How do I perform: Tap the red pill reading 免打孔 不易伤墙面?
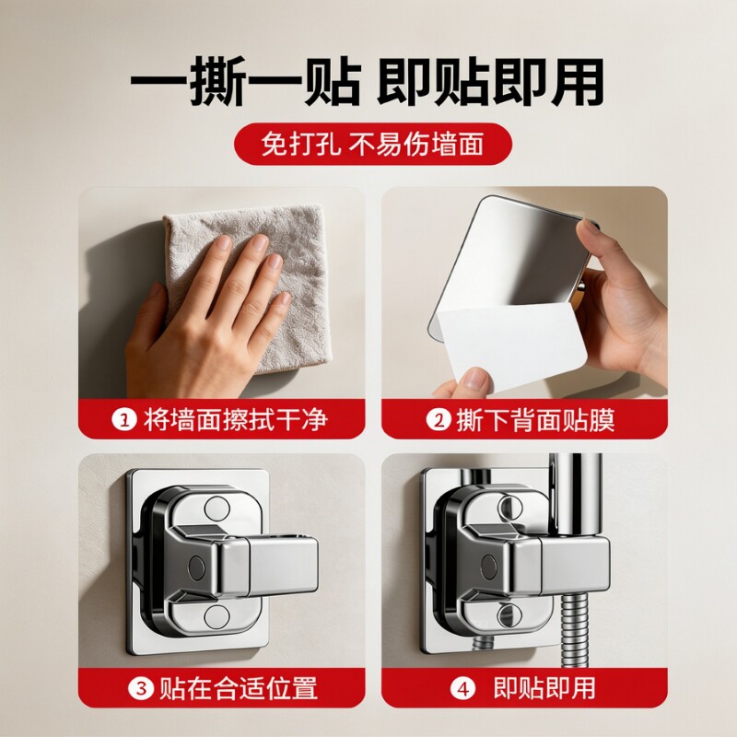point(373,144)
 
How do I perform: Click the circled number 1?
point(124,420)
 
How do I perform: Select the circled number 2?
point(439,420)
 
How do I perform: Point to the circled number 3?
point(141,688)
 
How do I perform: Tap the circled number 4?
point(463,688)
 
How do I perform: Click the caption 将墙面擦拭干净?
point(236,420)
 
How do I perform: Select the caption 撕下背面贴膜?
point(535,420)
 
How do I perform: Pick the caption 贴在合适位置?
point(239,688)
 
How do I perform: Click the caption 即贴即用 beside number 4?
point(544,688)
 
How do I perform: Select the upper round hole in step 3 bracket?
point(216,509)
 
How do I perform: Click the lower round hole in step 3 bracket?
point(216,616)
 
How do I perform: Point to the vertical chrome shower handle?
point(575,494)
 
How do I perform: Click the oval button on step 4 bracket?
point(489,567)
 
